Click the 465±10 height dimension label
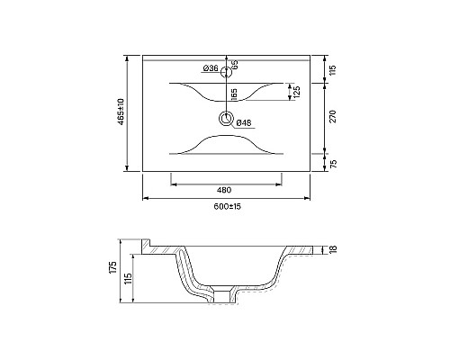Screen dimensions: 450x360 tap(121, 112)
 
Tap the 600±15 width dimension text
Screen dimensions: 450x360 tap(228, 206)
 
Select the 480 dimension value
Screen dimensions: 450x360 tap(224, 190)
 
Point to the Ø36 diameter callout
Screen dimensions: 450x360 tap(211, 68)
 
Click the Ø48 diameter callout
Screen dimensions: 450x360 tap(244, 122)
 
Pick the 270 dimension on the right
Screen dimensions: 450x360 tap(333, 116)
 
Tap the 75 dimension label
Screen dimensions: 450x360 tap(333, 164)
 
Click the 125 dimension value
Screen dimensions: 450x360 tap(297, 92)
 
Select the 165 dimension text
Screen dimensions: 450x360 tap(234, 94)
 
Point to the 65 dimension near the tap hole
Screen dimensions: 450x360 tap(235, 65)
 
